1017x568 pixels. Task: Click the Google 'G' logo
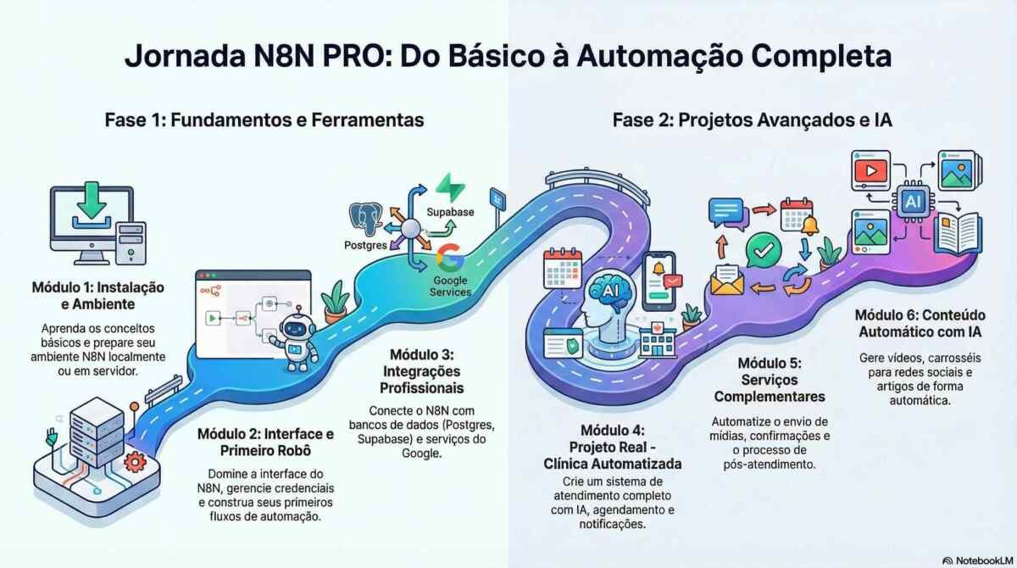[448, 256]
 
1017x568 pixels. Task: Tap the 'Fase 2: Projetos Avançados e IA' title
[752, 120]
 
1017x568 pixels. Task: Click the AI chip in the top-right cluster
[913, 200]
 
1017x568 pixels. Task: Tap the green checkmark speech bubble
[765, 250]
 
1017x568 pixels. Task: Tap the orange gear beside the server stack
[133, 462]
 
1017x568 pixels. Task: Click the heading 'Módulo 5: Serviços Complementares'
[769, 380]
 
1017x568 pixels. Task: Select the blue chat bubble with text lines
[725, 213]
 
